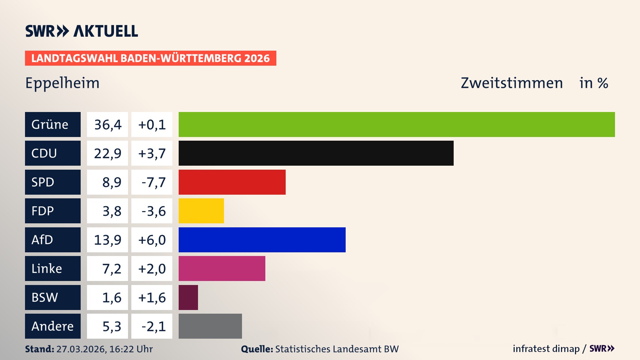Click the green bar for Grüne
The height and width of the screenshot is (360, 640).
397,124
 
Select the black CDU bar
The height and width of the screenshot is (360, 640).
316,153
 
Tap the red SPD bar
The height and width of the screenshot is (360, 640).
232,182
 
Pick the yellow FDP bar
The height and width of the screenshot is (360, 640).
201,211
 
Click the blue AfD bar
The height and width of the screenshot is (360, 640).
262,240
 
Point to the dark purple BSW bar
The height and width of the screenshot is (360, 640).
188,297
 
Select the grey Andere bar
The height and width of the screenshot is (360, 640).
210,326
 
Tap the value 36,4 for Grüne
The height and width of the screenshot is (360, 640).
107,124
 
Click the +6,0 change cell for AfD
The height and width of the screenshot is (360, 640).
152,240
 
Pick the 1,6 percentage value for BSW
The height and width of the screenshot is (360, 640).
111,297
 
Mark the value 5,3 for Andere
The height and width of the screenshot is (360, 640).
111,326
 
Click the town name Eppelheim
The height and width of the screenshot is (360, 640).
62,83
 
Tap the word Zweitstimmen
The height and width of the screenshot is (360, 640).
512,83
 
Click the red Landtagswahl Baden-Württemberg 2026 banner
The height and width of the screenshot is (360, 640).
150,58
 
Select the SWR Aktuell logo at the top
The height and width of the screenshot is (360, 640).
82,31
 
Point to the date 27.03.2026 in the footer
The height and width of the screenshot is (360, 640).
81,349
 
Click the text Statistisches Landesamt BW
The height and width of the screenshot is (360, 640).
337,349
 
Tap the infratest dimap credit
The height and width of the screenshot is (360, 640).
546,349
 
